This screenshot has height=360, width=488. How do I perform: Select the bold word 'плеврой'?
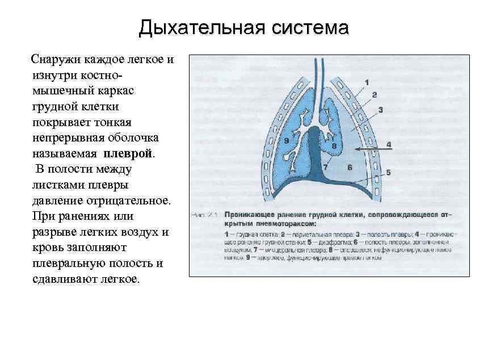pyautogui.click(x=129, y=154)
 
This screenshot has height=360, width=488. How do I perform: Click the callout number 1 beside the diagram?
pyautogui.click(x=367, y=82)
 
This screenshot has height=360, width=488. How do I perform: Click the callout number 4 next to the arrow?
pyautogui.click(x=389, y=145)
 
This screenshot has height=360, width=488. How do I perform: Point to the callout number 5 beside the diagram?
pyautogui.click(x=389, y=172)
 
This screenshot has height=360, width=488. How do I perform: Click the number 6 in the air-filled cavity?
pyautogui.click(x=350, y=167)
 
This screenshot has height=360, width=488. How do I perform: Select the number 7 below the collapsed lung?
pyautogui.click(x=325, y=167)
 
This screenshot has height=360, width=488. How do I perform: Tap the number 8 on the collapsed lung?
pyautogui.click(x=334, y=146)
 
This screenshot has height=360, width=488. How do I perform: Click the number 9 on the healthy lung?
pyautogui.click(x=286, y=140)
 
